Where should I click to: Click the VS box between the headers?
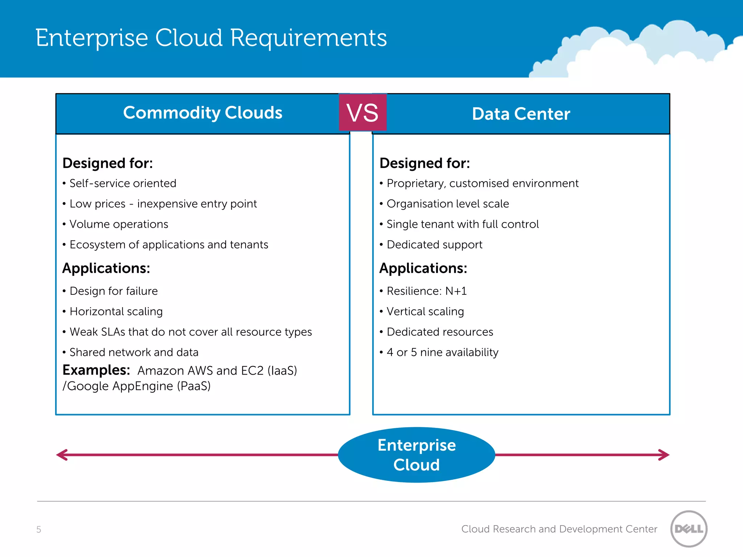(x=362, y=112)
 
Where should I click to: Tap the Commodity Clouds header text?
(x=202, y=113)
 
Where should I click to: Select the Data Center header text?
(x=521, y=114)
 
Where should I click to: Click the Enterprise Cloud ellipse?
(x=416, y=455)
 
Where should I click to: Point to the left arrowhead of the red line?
(x=62, y=455)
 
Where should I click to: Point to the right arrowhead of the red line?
(x=664, y=455)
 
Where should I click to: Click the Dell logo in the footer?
(x=689, y=529)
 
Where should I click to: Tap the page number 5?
(x=39, y=529)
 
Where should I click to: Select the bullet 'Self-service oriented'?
(x=123, y=183)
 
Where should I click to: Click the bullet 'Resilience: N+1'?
(x=427, y=291)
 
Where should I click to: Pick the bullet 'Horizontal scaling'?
(x=116, y=311)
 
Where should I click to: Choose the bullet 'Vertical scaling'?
(x=425, y=311)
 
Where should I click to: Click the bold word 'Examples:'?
(x=96, y=370)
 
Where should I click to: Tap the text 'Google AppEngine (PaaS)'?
(x=139, y=386)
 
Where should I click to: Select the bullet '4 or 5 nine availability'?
(x=443, y=352)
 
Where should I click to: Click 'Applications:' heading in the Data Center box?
(x=423, y=268)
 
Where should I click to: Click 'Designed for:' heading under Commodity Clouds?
(x=107, y=163)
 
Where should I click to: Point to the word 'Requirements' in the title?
(x=308, y=38)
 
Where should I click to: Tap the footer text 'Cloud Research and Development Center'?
(x=559, y=529)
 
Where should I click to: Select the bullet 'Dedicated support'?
(x=435, y=245)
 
